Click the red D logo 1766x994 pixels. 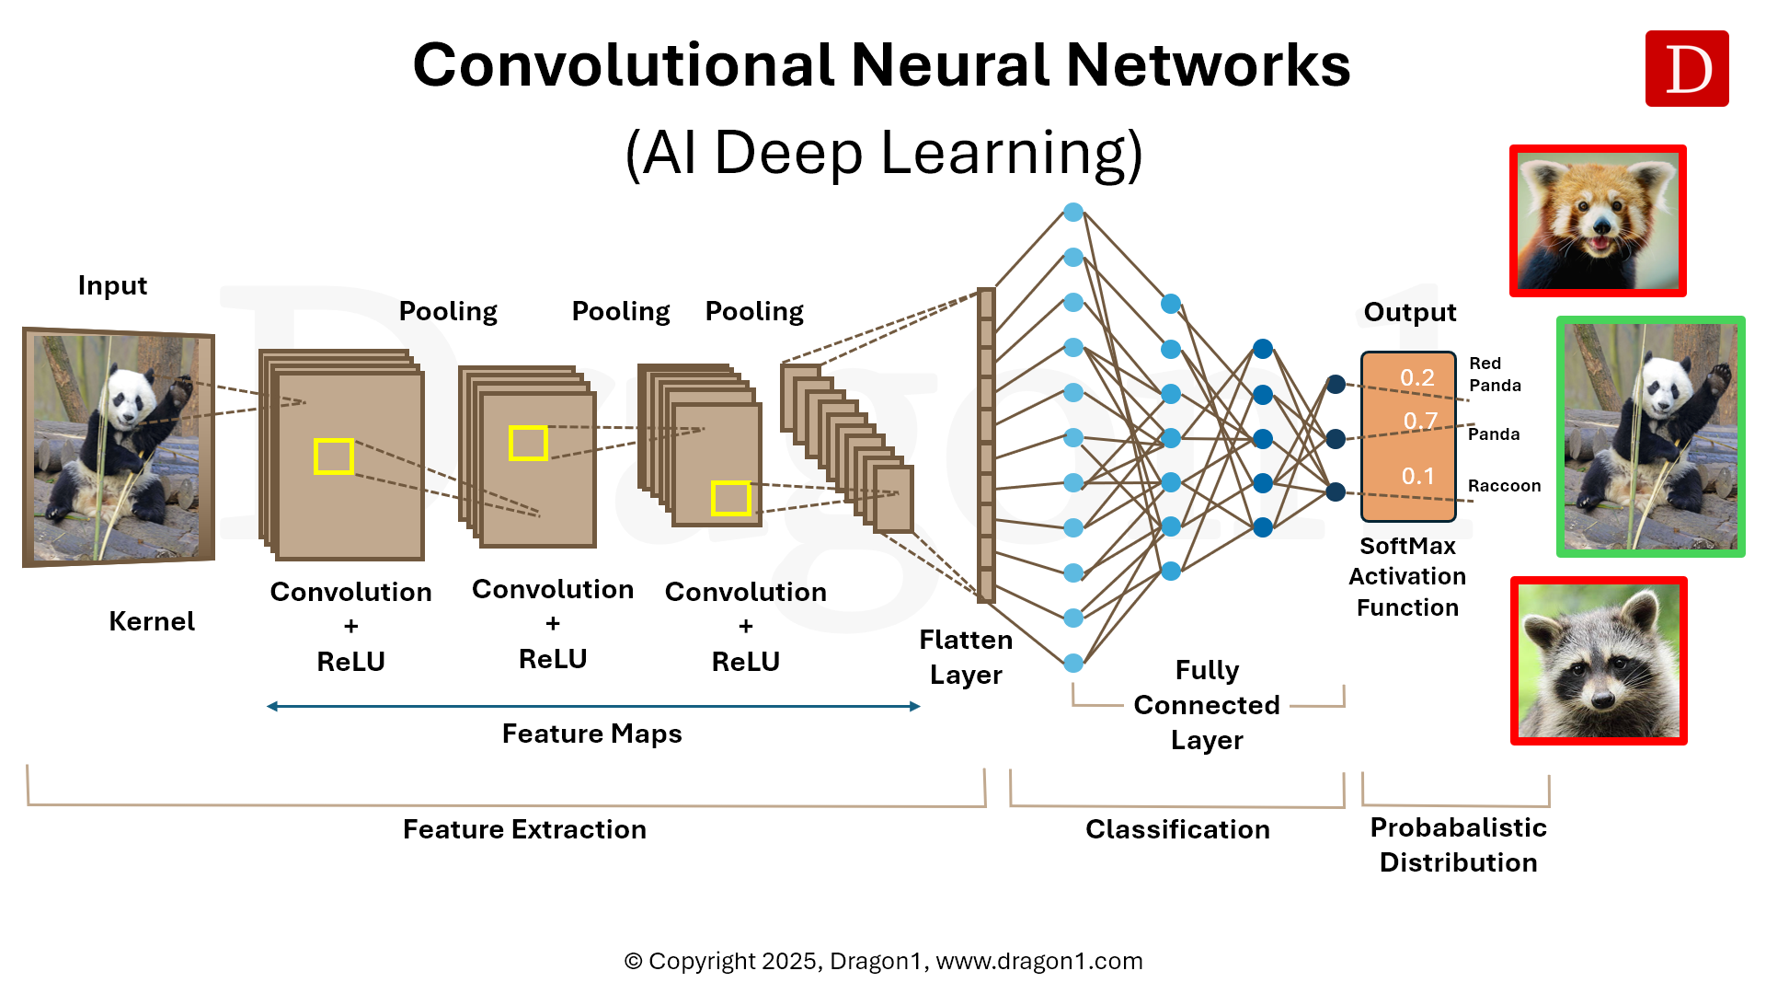point(1686,69)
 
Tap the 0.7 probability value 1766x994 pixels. point(1420,422)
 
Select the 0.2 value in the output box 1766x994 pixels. point(1416,377)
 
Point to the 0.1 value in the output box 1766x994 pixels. point(1417,476)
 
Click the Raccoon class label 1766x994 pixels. point(1504,486)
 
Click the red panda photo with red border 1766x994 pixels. point(1598,221)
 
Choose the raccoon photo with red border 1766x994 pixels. point(1599,661)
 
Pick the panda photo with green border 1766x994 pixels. point(1650,437)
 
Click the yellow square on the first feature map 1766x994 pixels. point(333,457)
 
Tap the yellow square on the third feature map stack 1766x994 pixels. point(730,499)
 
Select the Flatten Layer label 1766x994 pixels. point(966,657)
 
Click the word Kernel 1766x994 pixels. point(152,621)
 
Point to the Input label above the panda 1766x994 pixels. point(112,285)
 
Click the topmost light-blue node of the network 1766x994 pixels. point(1072,213)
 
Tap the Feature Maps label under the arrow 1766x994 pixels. point(591,734)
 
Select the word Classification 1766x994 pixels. point(1177,829)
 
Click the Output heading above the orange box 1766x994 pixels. point(1409,312)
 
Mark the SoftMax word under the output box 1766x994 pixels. point(1407,546)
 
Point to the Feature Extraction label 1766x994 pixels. point(524,829)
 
